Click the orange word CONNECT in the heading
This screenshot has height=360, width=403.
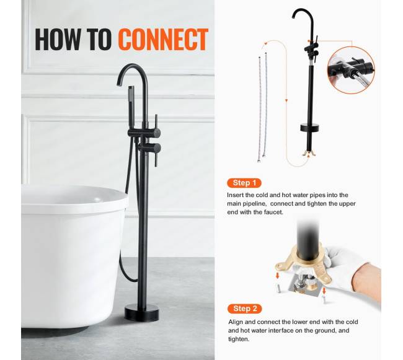click(x=163, y=39)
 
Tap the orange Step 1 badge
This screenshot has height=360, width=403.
click(x=244, y=183)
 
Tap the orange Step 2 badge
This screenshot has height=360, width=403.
click(x=245, y=309)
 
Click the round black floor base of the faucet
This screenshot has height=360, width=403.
click(x=141, y=313)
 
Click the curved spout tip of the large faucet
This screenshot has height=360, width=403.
click(x=119, y=84)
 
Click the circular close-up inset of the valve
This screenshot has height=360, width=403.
click(x=351, y=70)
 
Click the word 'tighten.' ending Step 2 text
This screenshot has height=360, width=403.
click(x=239, y=339)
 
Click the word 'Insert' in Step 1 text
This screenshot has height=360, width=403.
click(x=235, y=195)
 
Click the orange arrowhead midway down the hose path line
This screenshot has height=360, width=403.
click(x=287, y=100)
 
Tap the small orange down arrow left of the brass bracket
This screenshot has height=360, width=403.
click(x=277, y=276)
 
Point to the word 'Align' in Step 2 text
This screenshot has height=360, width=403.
click(x=235, y=322)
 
